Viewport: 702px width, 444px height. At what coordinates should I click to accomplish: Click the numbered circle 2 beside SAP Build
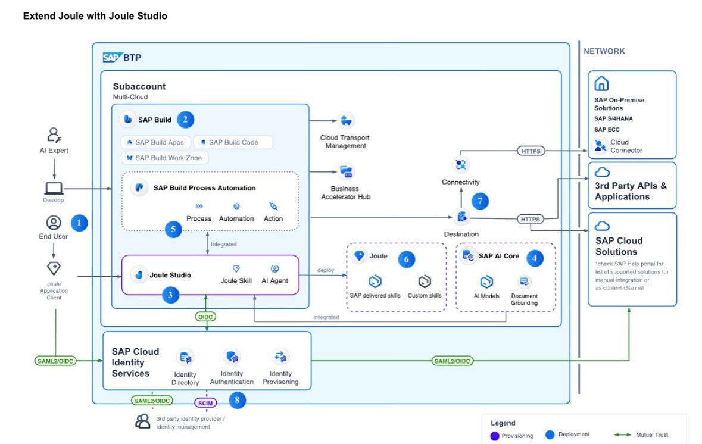(185, 120)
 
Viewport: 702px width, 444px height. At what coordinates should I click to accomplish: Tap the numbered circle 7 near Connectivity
(480, 201)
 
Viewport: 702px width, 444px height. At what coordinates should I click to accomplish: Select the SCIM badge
(205, 403)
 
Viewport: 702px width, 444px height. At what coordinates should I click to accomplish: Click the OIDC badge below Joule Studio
(205, 317)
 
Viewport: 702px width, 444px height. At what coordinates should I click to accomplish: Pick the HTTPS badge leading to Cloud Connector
(531, 151)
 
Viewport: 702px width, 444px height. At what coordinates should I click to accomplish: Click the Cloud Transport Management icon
(345, 121)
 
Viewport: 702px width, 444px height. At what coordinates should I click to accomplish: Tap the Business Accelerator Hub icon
(345, 172)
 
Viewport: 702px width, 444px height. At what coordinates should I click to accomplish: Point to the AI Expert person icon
(54, 135)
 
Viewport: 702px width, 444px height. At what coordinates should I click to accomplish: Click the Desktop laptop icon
(53, 189)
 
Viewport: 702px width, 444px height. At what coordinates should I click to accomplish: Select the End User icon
(54, 223)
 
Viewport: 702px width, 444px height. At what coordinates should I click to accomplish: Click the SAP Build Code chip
(233, 142)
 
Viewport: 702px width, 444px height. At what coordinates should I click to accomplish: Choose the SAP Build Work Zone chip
(165, 158)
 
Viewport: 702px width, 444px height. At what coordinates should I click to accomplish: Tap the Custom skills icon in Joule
(425, 282)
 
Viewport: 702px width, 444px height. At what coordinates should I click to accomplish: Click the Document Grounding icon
(524, 282)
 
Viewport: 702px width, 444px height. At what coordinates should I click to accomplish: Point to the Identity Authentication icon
(232, 357)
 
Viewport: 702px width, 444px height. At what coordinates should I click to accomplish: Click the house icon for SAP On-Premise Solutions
(601, 84)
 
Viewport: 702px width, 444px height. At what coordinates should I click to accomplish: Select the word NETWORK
(604, 51)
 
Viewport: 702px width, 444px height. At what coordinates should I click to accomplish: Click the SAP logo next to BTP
(111, 58)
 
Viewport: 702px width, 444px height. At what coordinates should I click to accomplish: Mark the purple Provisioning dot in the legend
(495, 436)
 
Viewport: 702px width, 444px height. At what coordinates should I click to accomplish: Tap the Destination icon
(461, 217)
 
